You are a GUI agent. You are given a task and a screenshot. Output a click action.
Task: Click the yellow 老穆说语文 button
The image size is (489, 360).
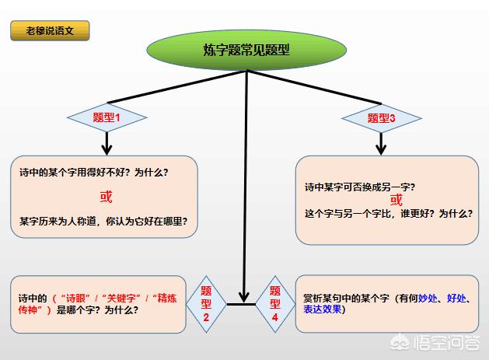point(50,30)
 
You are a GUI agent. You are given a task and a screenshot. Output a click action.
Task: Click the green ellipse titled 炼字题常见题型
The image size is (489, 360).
point(246,50)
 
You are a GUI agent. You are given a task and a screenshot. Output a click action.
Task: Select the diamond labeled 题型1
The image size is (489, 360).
point(107,117)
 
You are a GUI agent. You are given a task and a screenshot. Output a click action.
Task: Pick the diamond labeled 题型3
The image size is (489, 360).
point(382,118)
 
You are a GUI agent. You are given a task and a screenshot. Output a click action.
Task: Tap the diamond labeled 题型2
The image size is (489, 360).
point(206,304)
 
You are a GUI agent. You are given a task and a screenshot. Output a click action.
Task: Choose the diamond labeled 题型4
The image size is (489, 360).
point(275,304)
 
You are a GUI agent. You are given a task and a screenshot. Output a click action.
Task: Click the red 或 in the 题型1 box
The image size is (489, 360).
point(106,197)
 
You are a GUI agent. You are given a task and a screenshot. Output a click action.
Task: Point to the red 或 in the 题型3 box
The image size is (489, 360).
point(396,200)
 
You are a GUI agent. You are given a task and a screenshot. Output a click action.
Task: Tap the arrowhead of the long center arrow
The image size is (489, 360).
point(244,297)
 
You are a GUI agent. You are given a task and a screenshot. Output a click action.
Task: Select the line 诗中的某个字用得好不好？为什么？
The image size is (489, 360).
point(94,172)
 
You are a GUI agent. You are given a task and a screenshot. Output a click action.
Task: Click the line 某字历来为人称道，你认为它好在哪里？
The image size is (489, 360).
point(103,221)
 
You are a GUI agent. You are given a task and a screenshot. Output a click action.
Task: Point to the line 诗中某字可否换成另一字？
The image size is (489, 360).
point(360,187)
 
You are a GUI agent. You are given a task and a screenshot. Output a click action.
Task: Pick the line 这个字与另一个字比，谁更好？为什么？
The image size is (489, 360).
point(389,214)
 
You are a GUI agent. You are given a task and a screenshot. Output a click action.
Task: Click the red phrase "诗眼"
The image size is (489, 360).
point(75,299)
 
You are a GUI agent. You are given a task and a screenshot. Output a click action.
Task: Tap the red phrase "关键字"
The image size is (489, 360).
point(121,299)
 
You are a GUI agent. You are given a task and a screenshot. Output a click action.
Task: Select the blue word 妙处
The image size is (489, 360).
point(428,299)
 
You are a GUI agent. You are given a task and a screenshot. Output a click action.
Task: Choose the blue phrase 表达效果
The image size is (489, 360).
point(323,309)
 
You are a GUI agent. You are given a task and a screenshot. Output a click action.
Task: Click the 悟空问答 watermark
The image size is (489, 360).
point(435,343)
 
